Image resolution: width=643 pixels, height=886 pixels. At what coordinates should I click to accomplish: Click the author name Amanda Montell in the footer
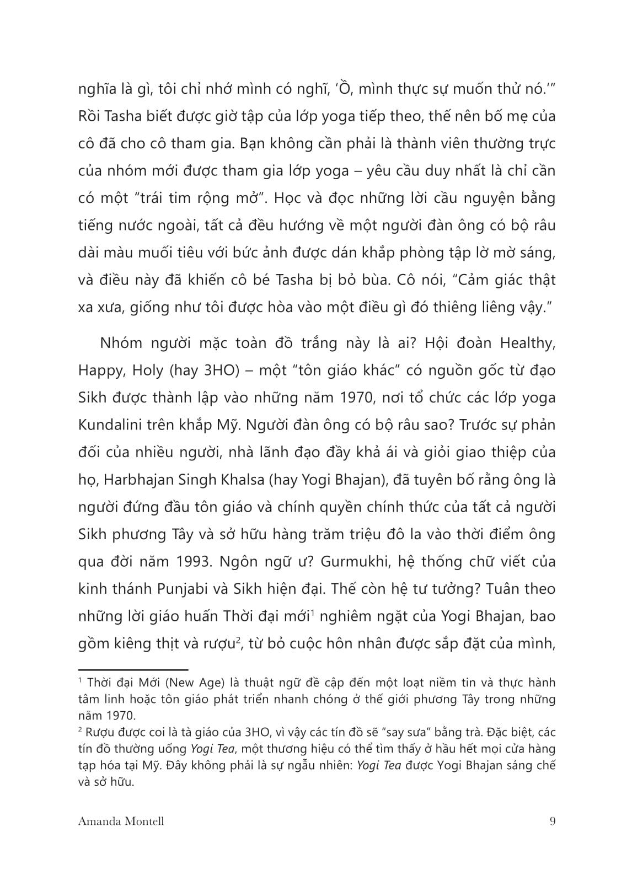(x=121, y=821)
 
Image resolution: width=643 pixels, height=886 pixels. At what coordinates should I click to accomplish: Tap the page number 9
(x=553, y=821)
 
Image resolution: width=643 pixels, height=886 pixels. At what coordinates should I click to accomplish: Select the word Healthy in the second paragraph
(x=527, y=343)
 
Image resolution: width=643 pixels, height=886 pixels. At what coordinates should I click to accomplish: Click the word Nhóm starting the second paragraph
(x=121, y=343)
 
